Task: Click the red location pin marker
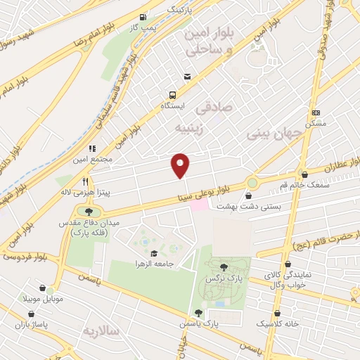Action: coord(181,165)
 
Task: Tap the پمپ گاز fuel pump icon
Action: coord(143,17)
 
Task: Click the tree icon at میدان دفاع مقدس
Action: coord(89,211)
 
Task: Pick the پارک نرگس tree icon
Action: coord(223,266)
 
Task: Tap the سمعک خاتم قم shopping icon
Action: coord(304,174)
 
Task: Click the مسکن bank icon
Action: coord(316,112)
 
